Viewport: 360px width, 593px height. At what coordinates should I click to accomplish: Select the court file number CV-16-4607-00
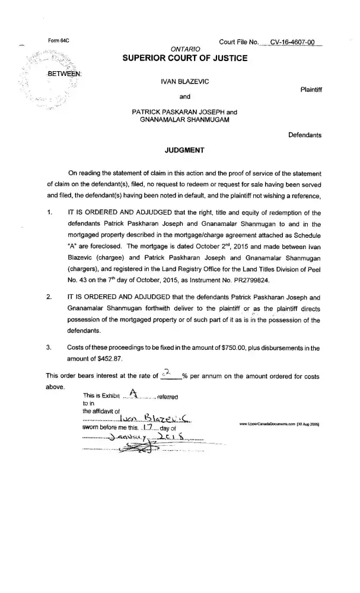click(292, 42)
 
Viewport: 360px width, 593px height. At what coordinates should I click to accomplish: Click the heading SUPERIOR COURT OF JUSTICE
click(184, 58)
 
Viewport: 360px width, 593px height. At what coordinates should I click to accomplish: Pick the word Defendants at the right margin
click(305, 135)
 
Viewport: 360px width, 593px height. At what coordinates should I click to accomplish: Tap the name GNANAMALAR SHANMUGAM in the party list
click(184, 119)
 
